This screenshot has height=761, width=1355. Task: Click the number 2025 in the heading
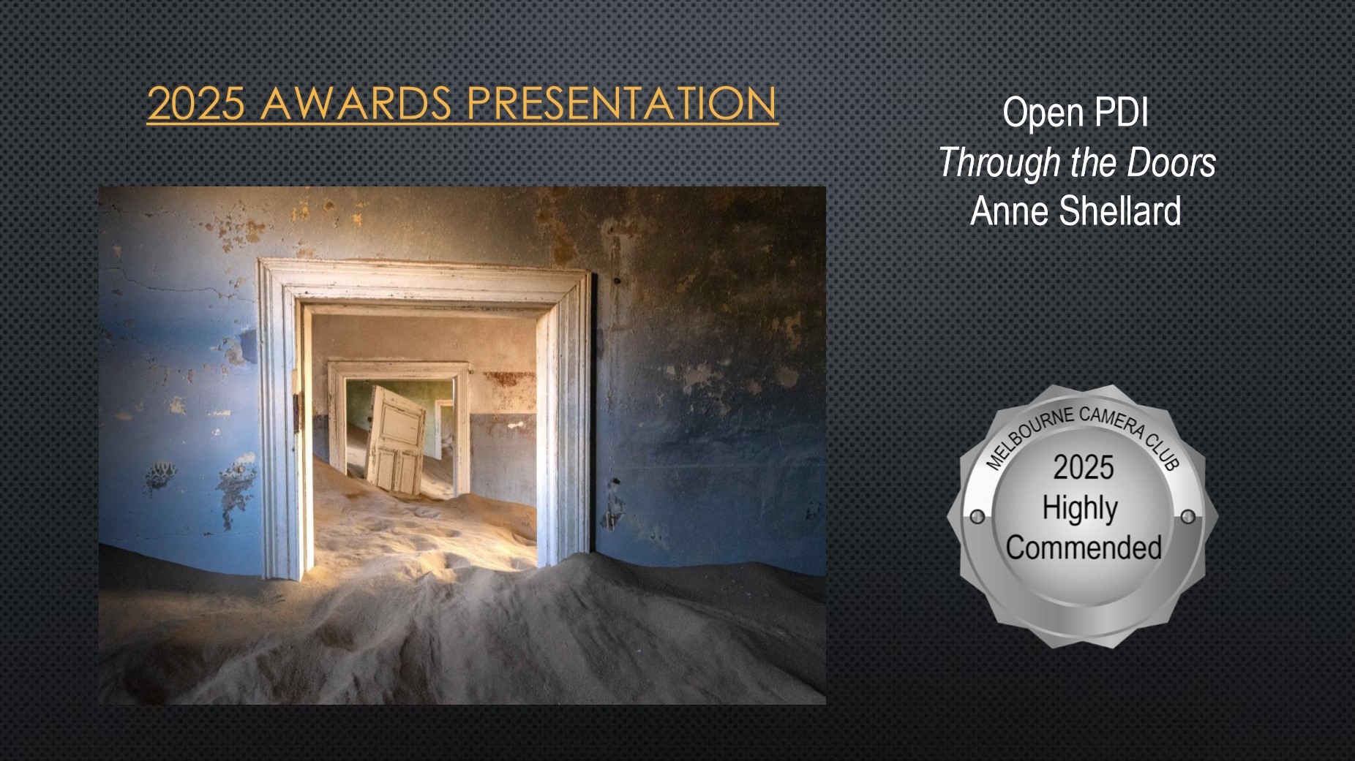tap(195, 103)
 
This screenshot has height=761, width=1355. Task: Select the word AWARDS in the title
tap(356, 103)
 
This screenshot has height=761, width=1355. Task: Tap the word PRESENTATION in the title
tap(621, 103)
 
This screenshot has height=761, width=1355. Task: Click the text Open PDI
tap(1075, 113)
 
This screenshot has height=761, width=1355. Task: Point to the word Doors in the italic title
tap(1171, 162)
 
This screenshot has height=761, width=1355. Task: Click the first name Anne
tap(1011, 211)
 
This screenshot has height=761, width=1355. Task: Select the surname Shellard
tap(1120, 211)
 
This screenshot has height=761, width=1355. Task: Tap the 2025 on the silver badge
tap(1084, 468)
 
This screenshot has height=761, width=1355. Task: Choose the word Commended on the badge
tap(1084, 548)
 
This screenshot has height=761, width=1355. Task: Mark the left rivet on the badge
tap(977, 518)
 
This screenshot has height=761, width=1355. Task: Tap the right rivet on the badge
tap(1188, 517)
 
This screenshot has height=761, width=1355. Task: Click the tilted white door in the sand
tap(396, 439)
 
